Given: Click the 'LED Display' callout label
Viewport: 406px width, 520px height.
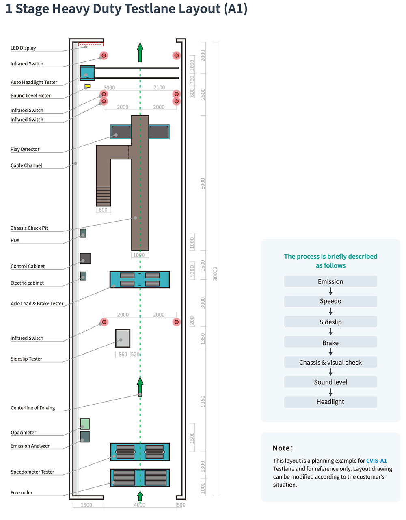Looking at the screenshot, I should tap(23, 48).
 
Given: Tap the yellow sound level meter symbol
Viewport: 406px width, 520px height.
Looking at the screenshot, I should tap(87, 86).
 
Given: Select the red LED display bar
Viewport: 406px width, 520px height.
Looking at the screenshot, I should tap(91, 44).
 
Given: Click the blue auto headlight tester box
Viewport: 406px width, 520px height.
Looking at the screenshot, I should tap(87, 73).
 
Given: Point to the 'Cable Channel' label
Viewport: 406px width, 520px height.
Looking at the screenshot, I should tap(26, 165).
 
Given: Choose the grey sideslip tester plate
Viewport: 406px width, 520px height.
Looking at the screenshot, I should tap(123, 338).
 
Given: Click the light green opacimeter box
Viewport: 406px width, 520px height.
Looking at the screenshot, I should tap(85, 424).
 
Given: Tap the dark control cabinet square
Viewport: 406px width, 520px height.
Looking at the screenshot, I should tap(85, 259).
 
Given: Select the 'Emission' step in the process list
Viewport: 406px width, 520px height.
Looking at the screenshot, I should tap(330, 281).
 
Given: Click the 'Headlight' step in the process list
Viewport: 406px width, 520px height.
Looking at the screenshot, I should tap(330, 402).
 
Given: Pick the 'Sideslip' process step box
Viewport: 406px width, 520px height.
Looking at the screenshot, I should tap(330, 322).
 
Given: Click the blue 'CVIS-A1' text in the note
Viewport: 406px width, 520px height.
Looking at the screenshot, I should tap(376, 461).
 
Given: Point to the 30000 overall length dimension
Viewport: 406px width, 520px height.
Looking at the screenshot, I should tap(215, 274).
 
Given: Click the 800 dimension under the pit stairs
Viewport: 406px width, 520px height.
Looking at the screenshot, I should tap(103, 210).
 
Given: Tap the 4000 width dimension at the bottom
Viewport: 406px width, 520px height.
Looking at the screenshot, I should tap(139, 505).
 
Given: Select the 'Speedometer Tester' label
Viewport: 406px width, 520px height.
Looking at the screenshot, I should tap(32, 472).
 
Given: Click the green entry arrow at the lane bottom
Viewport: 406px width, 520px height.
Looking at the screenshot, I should tap(140, 496).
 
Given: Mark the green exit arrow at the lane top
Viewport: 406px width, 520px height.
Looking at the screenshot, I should tap(140, 52).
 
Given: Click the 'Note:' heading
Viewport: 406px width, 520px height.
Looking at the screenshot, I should tap(283, 448).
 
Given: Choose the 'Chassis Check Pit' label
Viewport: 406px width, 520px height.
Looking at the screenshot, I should tap(29, 228).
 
